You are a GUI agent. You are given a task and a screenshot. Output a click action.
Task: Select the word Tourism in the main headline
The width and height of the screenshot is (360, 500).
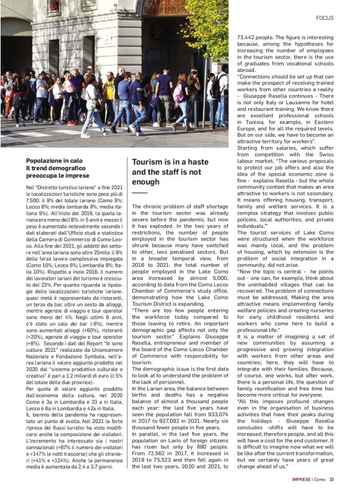[x=149, y=162]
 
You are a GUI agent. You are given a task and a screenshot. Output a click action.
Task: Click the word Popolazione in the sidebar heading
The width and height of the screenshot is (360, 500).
[x=44, y=160]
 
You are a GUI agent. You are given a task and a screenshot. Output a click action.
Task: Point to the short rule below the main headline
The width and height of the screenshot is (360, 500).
[x=140, y=193]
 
